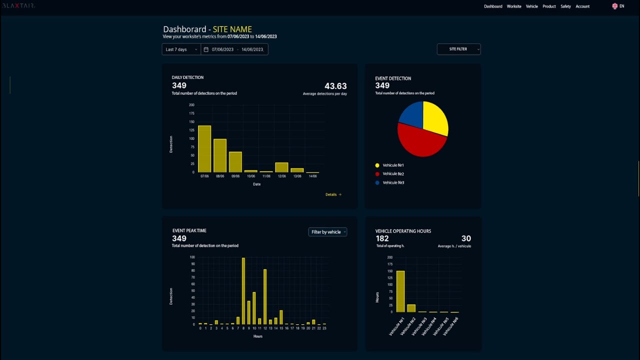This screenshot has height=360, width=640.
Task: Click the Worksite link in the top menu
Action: point(514,6)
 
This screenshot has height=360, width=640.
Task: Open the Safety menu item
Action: point(565,6)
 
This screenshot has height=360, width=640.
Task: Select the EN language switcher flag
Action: point(615,6)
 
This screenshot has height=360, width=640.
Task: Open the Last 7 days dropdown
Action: point(181,49)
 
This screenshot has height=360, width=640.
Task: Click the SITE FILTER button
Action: point(458,49)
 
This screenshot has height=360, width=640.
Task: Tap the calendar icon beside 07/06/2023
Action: point(206,49)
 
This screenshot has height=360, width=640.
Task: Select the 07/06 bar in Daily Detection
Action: point(204,148)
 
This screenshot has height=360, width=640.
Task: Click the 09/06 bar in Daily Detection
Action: point(235,162)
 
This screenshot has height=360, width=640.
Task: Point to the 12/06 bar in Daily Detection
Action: point(281,167)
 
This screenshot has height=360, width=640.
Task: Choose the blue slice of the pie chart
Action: point(411,113)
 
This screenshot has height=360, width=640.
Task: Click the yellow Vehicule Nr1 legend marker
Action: point(377,165)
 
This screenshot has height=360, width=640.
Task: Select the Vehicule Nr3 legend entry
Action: point(393,182)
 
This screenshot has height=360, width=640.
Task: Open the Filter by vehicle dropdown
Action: point(327,232)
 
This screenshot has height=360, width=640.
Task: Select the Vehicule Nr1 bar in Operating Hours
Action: point(400,291)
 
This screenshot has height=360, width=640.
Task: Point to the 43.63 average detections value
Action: point(335,86)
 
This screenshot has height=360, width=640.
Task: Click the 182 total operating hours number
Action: point(382,238)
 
